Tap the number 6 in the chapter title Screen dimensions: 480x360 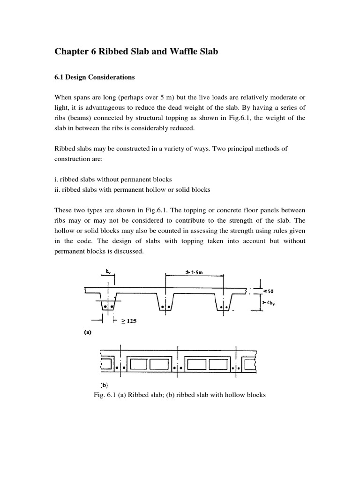89,52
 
